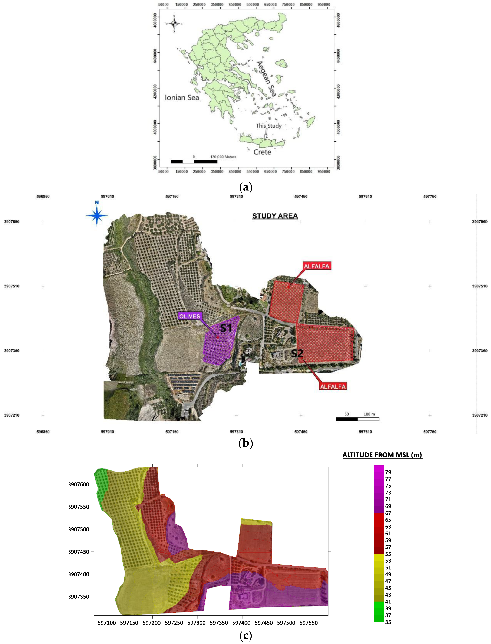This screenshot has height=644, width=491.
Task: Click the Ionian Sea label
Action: coord(182,97)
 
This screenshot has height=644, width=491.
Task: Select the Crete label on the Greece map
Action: coord(262,152)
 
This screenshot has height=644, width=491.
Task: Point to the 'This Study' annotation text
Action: coord(269,126)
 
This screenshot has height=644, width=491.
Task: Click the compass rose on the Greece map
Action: coord(174,23)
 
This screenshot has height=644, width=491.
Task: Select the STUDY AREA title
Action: coord(275,216)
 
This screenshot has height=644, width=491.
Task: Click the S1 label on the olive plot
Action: coord(226,328)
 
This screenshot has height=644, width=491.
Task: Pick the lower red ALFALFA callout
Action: coord(333,386)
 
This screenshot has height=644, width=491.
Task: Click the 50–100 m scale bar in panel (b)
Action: coord(357,419)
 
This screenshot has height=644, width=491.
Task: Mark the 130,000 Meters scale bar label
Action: coord(223,157)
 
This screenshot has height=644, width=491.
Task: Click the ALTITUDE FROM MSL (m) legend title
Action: coord(382,455)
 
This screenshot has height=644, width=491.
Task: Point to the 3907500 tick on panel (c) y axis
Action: coord(79,529)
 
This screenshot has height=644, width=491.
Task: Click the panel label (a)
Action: coord(246,187)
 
